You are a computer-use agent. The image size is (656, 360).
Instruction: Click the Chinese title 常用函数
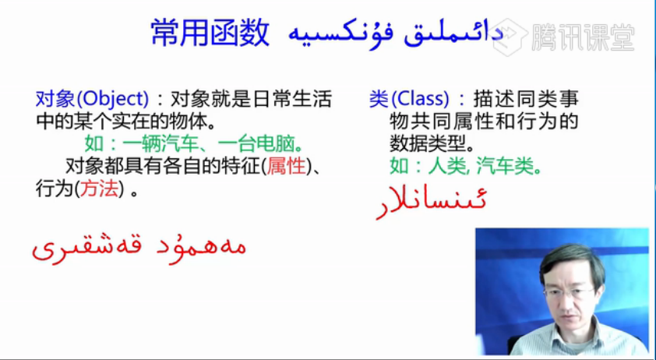tap(210, 33)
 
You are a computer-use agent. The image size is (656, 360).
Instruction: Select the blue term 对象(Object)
tap(92, 100)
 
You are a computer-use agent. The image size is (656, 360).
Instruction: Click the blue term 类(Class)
tap(409, 100)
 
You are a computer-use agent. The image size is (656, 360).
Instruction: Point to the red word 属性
tap(286, 167)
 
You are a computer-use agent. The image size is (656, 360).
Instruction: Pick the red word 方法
tap(99, 189)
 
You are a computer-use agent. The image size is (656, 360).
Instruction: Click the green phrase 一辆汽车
tap(160, 144)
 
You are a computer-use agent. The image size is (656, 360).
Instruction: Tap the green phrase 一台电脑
tap(256, 144)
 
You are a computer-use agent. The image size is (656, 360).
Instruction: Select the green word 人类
tap(446, 167)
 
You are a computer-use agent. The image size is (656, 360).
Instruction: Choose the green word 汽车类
tap(505, 167)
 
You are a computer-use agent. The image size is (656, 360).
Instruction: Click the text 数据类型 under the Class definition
tap(427, 144)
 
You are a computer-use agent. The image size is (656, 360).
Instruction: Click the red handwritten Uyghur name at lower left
tap(139, 248)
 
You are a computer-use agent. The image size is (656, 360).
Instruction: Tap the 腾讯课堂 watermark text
tap(583, 37)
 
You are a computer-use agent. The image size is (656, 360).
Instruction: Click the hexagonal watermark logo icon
tap(510, 37)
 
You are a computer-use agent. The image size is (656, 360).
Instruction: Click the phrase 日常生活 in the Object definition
tap(293, 100)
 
